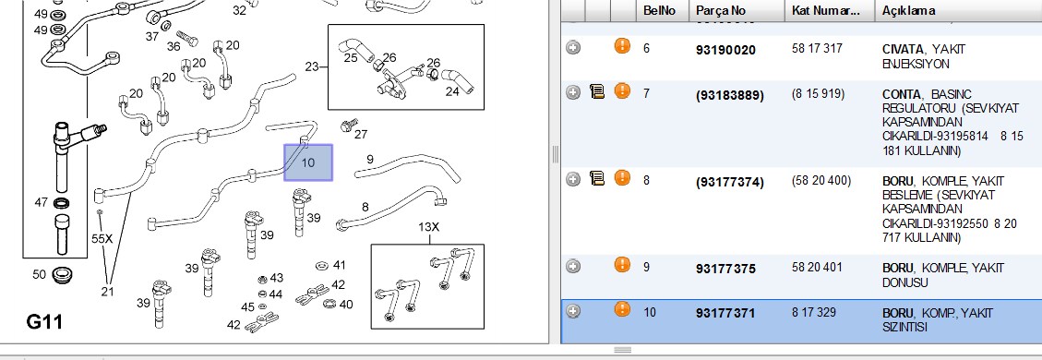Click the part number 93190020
[x=725, y=50]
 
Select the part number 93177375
[x=725, y=269]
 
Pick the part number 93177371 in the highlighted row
[x=725, y=313]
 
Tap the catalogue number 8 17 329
[x=814, y=312]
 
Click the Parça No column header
[x=721, y=11]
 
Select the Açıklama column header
[x=908, y=11]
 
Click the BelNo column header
[x=660, y=11]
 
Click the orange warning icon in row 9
[x=622, y=266]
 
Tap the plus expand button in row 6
[x=573, y=48]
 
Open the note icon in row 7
[x=597, y=91]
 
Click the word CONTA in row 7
[x=901, y=94]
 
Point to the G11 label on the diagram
[x=44, y=322]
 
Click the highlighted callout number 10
[x=307, y=162]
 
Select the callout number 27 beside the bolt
[x=361, y=134]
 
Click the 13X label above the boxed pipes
[x=428, y=227]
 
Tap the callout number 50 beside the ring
[x=40, y=273]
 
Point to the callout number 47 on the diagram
[x=42, y=202]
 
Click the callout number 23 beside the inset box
[x=312, y=66]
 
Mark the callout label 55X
[x=102, y=239]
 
